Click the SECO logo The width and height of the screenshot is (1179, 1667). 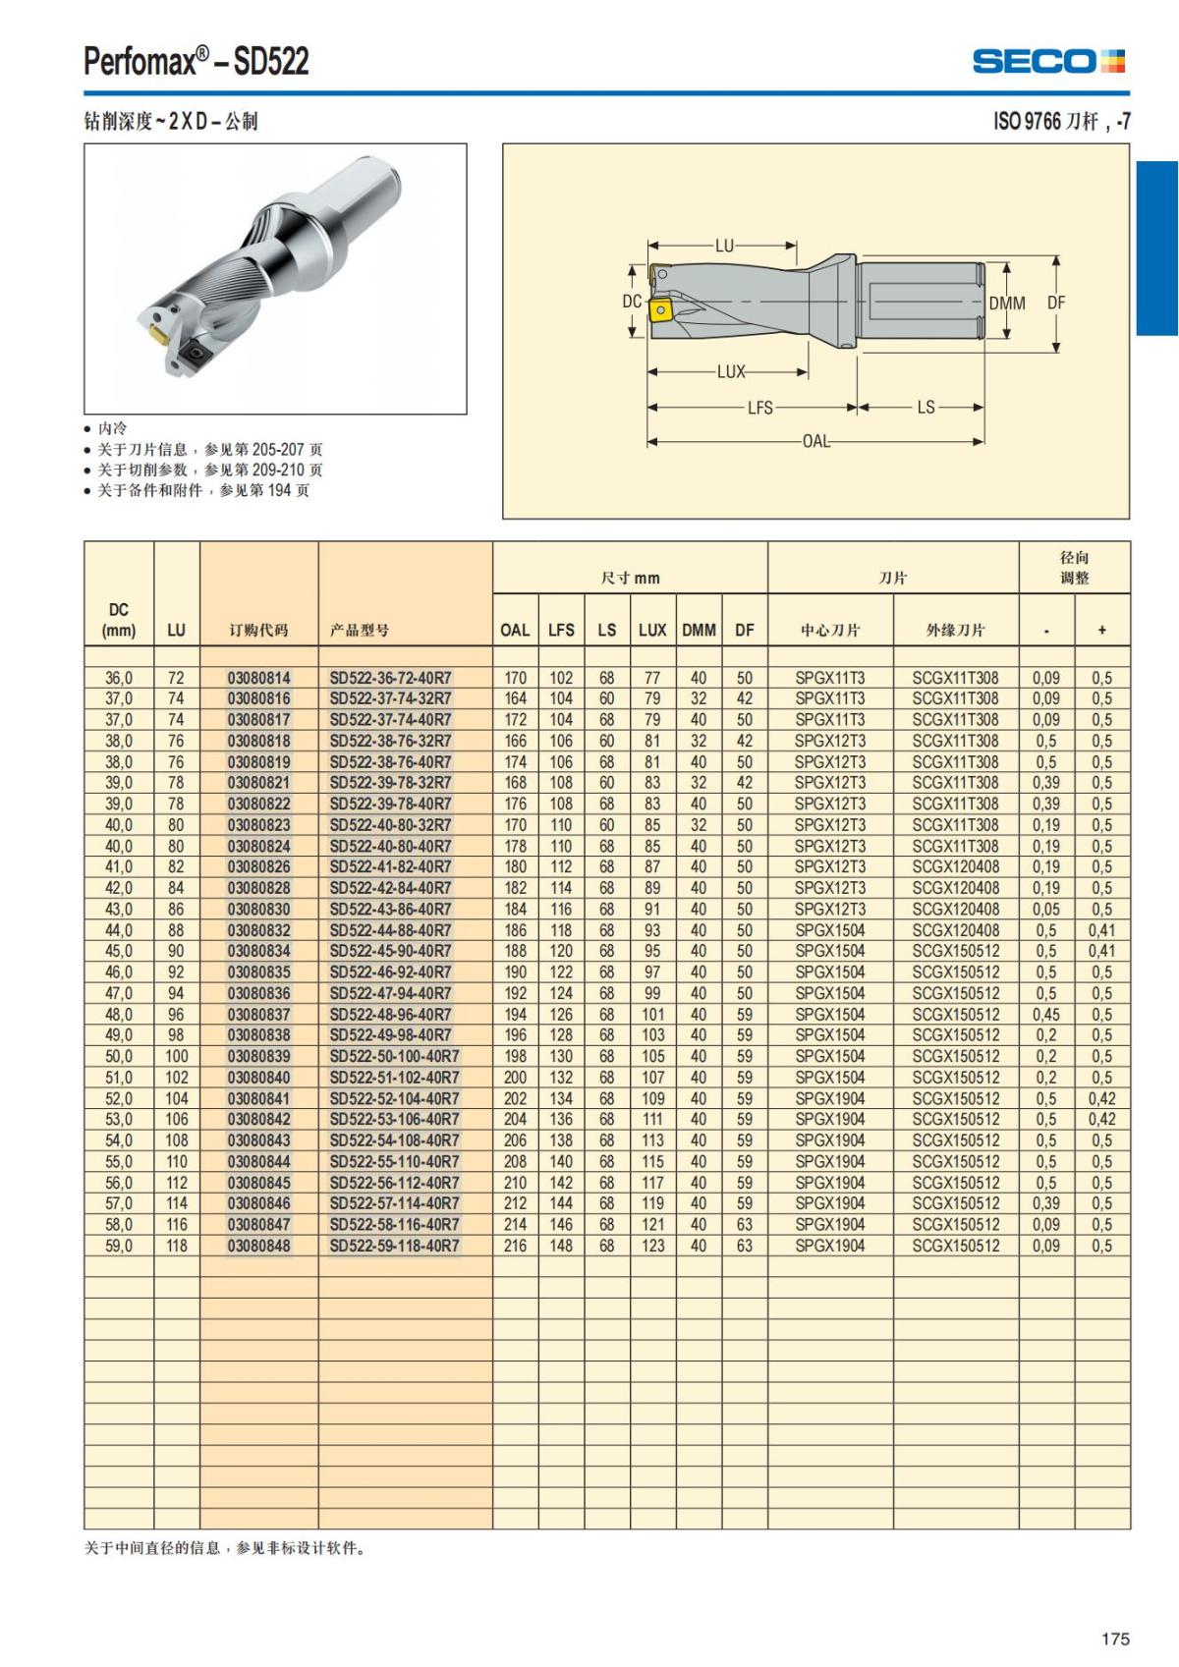pyautogui.click(x=1048, y=62)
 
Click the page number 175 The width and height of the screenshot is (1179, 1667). pyautogui.click(x=1115, y=1639)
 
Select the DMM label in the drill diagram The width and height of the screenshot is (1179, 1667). pyautogui.click(x=1006, y=304)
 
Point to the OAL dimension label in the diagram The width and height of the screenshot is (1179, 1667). pyautogui.click(x=815, y=441)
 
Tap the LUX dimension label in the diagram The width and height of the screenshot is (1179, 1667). pyautogui.click(x=731, y=372)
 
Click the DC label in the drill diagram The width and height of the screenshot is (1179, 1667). pyautogui.click(x=632, y=302)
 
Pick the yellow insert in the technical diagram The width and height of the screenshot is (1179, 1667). pyautogui.click(x=659, y=311)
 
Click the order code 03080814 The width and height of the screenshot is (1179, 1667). pyautogui.click(x=258, y=678)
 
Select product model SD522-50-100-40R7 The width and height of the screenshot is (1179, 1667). pyautogui.click(x=394, y=1056)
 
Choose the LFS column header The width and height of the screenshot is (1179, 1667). pyautogui.click(x=561, y=630)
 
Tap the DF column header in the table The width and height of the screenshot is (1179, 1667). pyautogui.click(x=745, y=630)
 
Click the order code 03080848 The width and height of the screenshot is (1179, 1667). pyautogui.click(x=258, y=1246)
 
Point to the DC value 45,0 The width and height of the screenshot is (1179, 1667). pyautogui.click(x=119, y=951)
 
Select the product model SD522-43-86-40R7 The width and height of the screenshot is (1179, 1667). pyautogui.click(x=390, y=909)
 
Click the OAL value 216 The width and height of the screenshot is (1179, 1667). pyautogui.click(x=515, y=1246)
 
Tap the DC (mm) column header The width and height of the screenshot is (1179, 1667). pyautogui.click(x=119, y=620)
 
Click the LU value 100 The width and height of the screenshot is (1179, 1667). pyautogui.click(x=176, y=1056)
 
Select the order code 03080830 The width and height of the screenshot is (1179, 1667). pyautogui.click(x=258, y=909)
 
